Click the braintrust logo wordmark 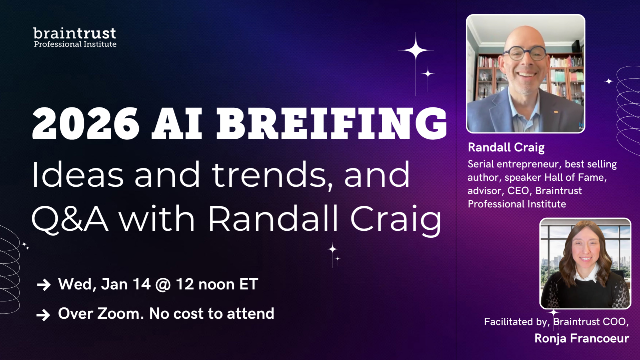[75, 33]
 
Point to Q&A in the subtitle [70, 219]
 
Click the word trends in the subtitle [272, 175]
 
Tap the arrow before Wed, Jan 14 [44, 285]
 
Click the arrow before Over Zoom [43, 315]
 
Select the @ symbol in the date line [163, 285]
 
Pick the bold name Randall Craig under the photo [506, 147]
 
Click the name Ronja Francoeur [581, 338]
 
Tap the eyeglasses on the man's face [524, 53]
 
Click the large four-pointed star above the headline [416, 50]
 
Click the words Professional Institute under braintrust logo [75, 44]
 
